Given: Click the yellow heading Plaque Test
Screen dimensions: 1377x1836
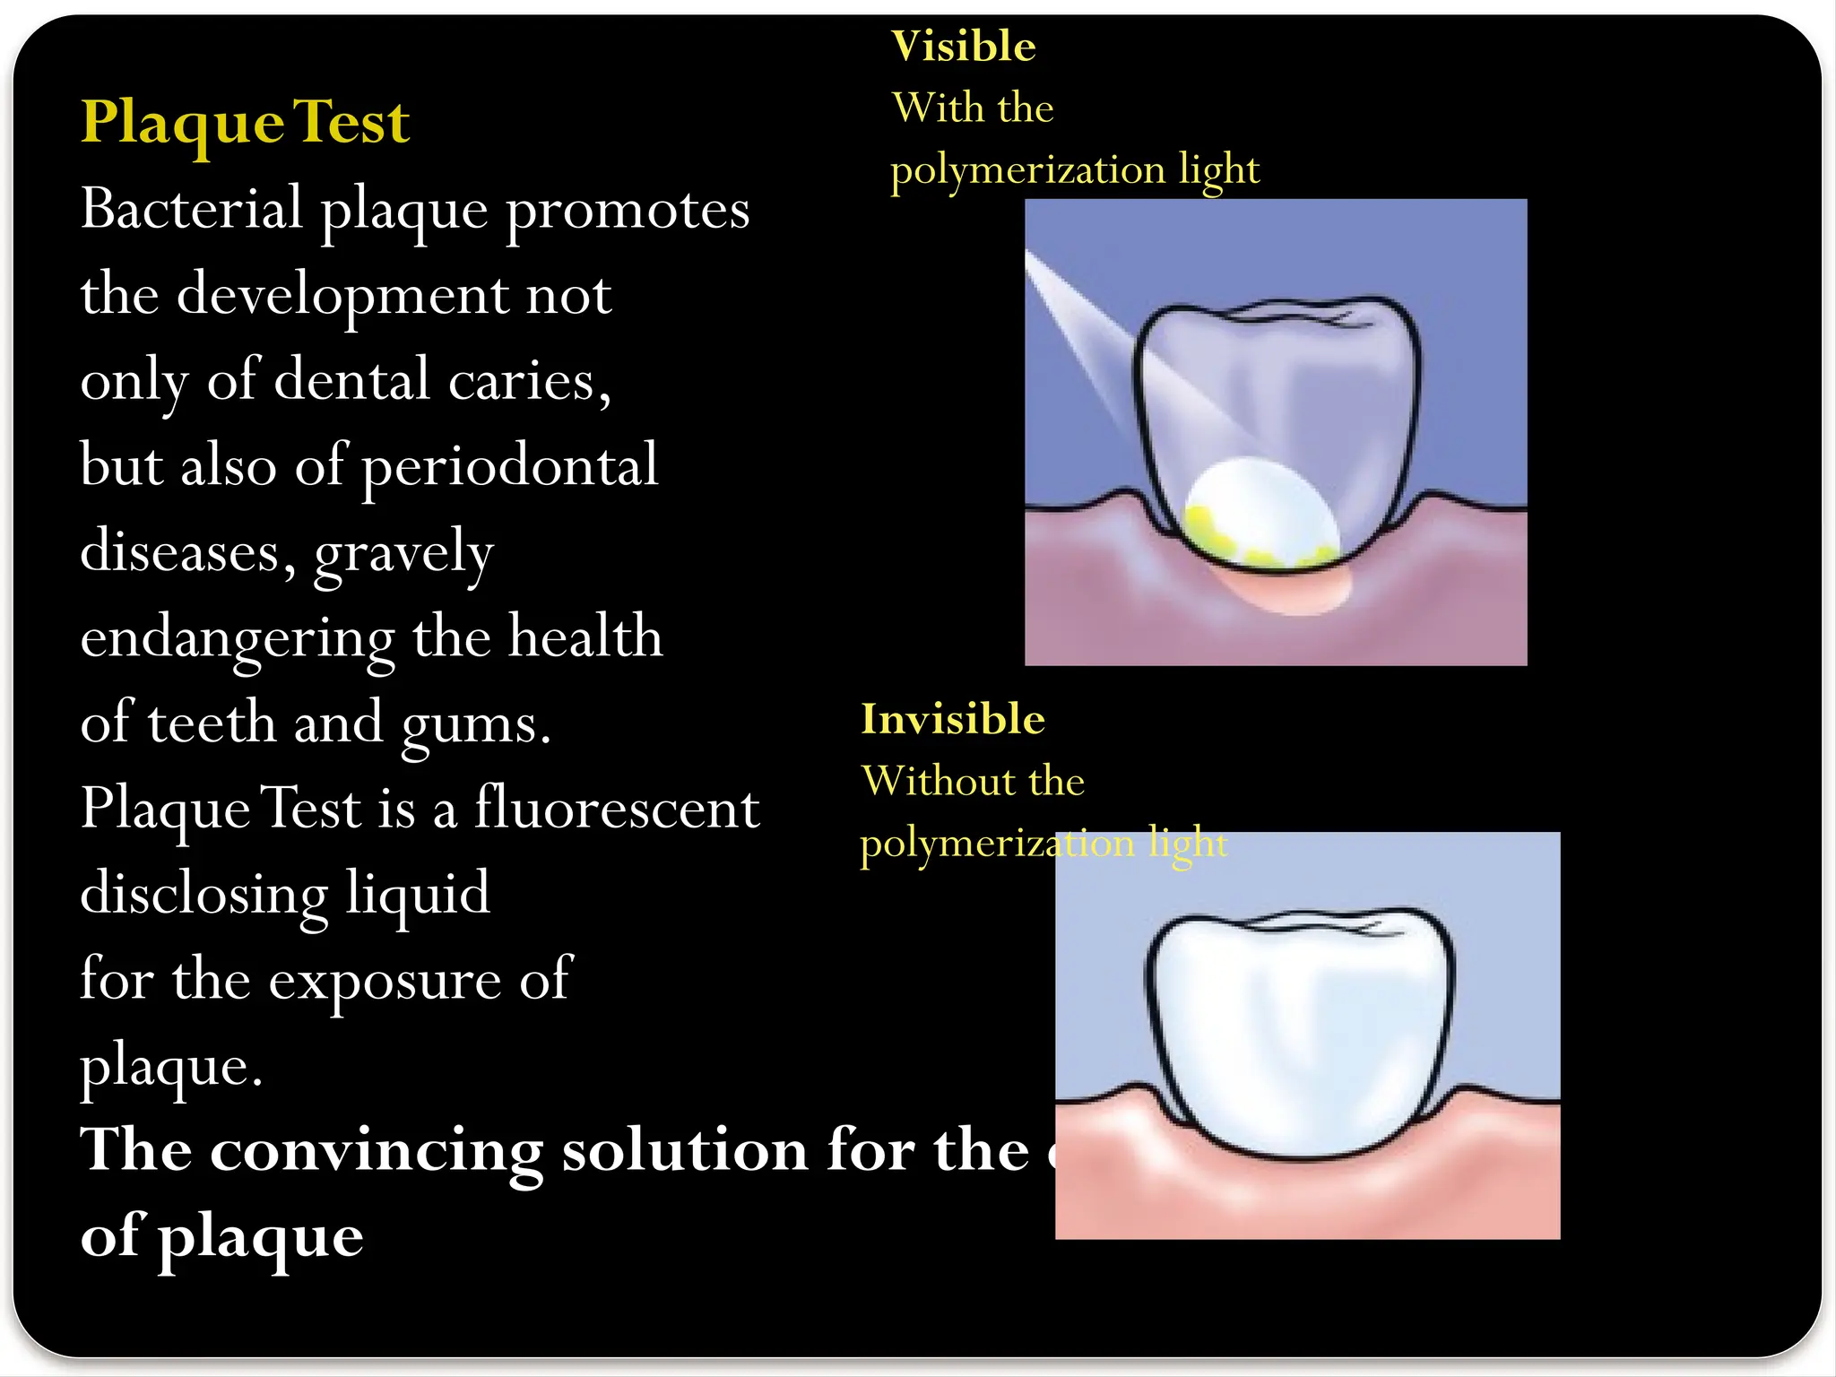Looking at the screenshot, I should [x=245, y=123].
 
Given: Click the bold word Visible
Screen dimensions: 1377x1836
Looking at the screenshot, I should [x=964, y=47].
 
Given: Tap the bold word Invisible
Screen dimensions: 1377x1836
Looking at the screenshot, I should [x=953, y=719].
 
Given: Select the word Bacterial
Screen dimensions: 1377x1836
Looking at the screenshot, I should [x=192, y=209].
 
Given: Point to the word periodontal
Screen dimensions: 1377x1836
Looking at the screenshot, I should [x=509, y=466].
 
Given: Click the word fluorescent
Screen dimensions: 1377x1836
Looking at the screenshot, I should [x=617, y=808].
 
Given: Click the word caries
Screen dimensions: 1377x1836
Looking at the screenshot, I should [x=529, y=381].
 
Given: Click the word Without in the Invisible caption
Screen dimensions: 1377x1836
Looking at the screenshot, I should [x=932, y=782].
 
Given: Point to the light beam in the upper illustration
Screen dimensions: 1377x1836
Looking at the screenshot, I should [x=1089, y=332].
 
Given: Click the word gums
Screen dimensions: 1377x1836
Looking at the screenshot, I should [x=475, y=724].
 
